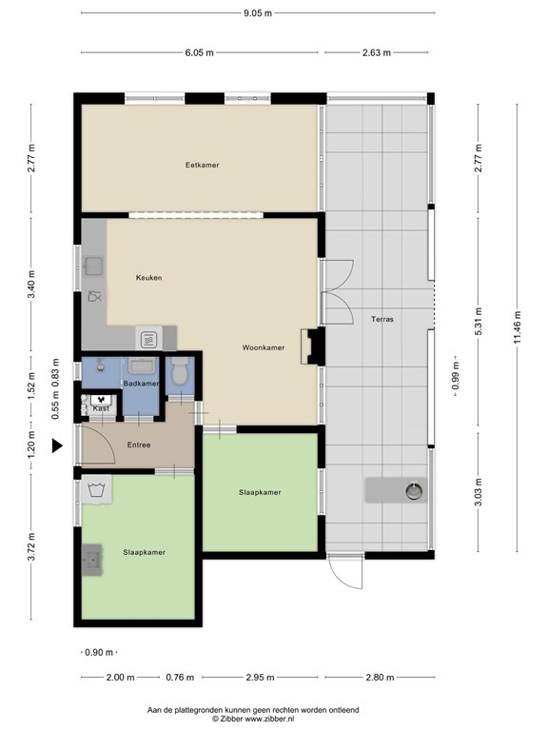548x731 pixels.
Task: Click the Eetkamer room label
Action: [x=202, y=165]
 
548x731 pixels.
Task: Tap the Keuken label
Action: [x=149, y=278]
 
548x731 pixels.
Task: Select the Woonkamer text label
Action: [x=264, y=347]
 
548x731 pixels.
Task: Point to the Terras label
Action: [x=382, y=320]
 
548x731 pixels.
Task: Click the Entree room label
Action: [x=139, y=445]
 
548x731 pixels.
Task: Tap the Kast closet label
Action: [x=101, y=408]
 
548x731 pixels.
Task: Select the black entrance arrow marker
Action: [x=57, y=446]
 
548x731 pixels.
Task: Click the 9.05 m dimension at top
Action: [x=258, y=13]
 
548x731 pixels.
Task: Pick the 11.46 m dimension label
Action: [x=518, y=327]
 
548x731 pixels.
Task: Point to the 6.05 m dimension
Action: [x=200, y=52]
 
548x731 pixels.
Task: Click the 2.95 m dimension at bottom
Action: [x=260, y=678]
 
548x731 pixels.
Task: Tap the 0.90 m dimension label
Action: [x=99, y=653]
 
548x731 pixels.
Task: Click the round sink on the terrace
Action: [x=414, y=491]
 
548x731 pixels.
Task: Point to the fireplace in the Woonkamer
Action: [x=312, y=346]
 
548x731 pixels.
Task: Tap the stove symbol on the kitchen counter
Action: [x=148, y=339]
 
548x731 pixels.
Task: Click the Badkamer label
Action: [x=141, y=384]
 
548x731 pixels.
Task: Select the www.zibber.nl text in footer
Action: [x=269, y=719]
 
